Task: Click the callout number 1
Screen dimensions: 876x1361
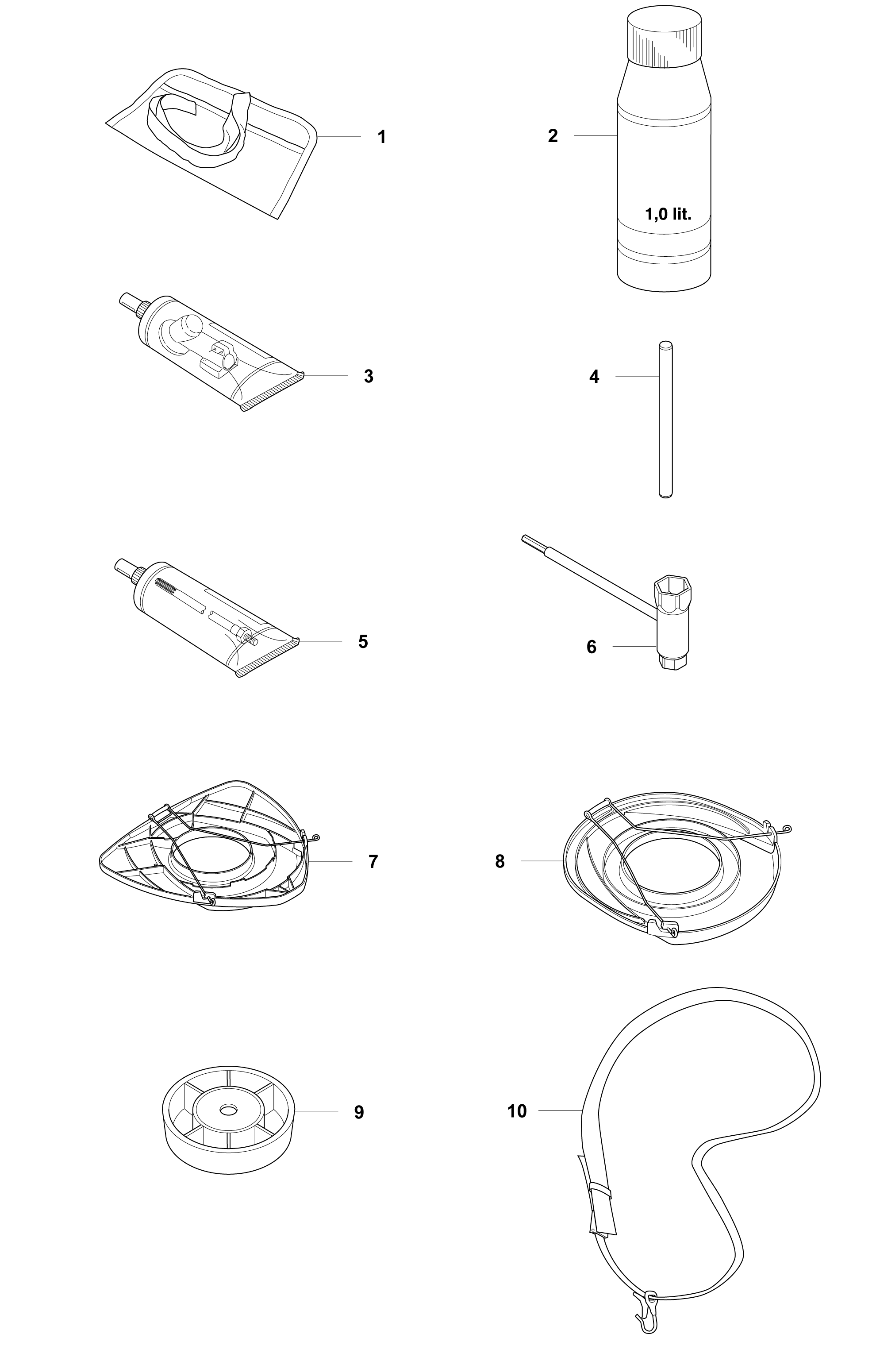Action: pos(382,137)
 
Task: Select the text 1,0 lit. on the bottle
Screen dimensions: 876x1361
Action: pos(668,215)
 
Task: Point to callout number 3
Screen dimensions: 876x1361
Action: pos(369,377)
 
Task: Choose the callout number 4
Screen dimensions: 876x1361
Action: pos(594,377)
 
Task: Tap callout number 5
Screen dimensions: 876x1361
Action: pos(363,642)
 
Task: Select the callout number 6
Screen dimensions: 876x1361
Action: pos(592,647)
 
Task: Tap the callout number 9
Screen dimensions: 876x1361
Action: pos(359,1112)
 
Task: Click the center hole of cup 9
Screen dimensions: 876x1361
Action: pos(229,1110)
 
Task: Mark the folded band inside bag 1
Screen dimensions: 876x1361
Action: pos(197,128)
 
